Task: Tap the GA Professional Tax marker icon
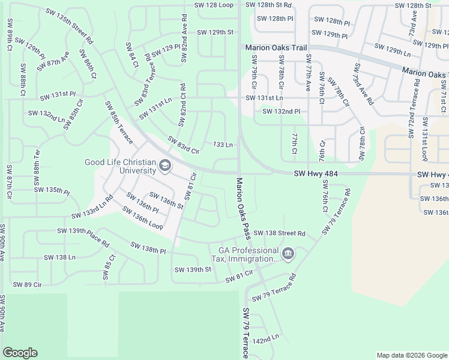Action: pos(288,254)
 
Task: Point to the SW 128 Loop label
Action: pos(213,5)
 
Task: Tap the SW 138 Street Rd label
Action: pos(279,233)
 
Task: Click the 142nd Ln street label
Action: pos(266,340)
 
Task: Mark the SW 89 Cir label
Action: pos(27,284)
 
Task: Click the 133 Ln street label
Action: pos(223,145)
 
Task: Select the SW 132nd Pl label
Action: pos(281,111)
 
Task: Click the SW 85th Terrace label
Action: pos(119,122)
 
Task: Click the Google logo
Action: pos(20,353)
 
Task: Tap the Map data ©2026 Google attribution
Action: pos(411,355)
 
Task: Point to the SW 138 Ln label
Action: pos(60,257)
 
